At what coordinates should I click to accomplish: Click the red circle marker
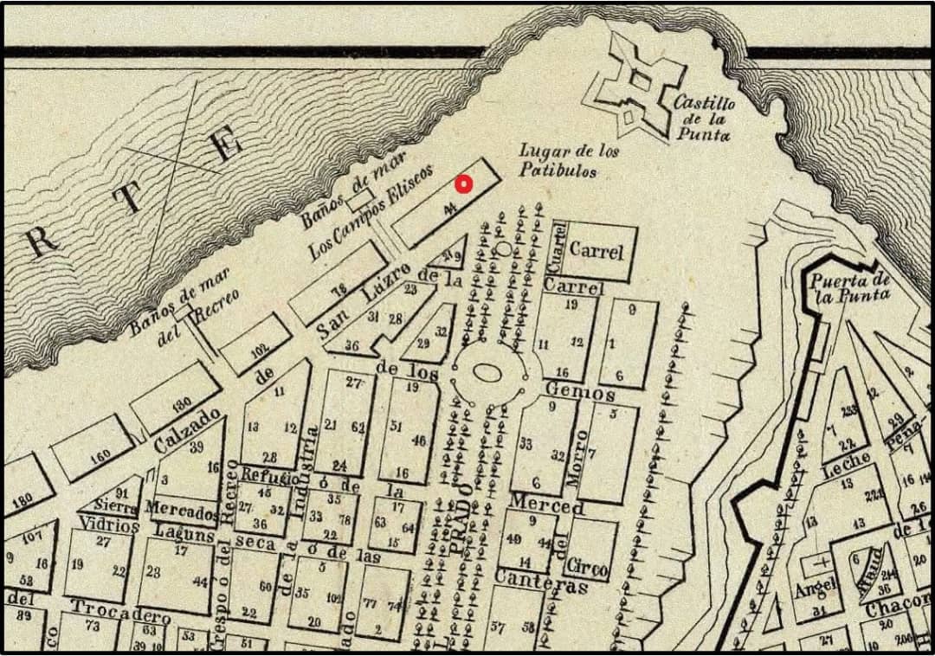pos(463,183)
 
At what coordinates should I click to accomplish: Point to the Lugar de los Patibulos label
pos(569,161)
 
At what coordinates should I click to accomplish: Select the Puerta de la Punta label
pos(850,286)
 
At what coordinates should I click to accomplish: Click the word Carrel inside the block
pos(596,252)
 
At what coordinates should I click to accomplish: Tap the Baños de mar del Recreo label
pos(177,308)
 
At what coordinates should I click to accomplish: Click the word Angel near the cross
pos(816,589)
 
